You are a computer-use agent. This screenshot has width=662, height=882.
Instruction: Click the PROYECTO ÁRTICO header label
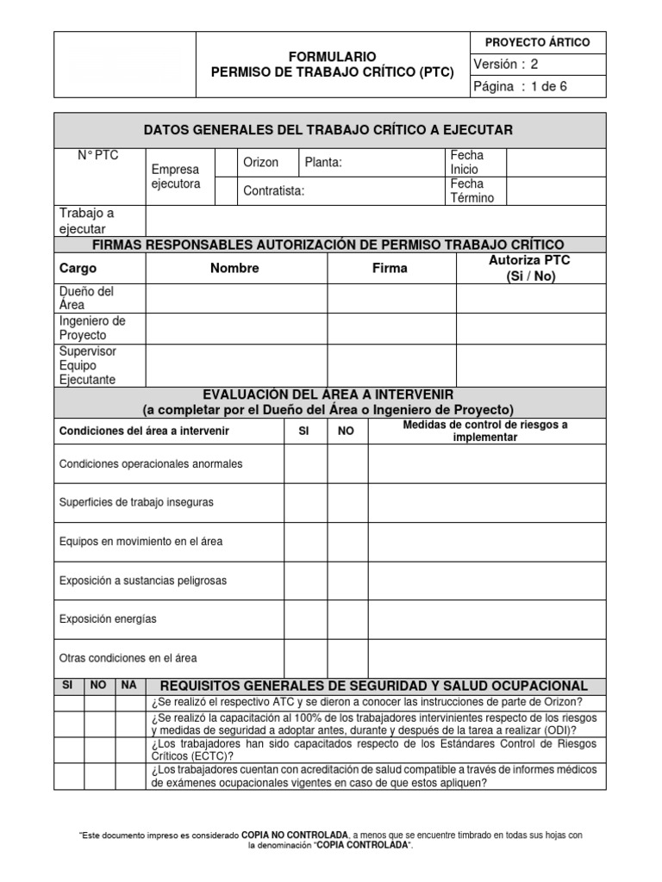pyautogui.click(x=538, y=42)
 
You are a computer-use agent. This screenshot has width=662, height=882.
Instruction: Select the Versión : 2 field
pyautogui.click(x=508, y=65)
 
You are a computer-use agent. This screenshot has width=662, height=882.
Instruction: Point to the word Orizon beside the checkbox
pyautogui.click(x=261, y=163)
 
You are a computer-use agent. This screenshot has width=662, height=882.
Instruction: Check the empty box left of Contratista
pyautogui.click(x=226, y=191)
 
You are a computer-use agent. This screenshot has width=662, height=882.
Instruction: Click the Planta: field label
pyautogui.click(x=323, y=163)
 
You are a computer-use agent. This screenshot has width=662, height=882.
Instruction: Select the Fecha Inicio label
pyautogui.click(x=467, y=163)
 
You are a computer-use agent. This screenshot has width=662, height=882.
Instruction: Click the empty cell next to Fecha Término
pyautogui.click(x=555, y=191)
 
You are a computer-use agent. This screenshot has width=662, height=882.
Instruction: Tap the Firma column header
pyautogui.click(x=390, y=269)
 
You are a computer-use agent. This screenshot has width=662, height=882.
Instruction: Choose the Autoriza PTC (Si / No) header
pyautogui.click(x=530, y=268)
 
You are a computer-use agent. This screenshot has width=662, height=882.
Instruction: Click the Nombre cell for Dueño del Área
pyautogui.click(x=236, y=298)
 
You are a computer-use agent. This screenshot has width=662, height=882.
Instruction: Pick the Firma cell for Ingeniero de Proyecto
pyautogui.click(x=391, y=328)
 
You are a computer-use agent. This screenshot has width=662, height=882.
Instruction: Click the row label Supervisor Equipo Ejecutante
pyautogui.click(x=88, y=365)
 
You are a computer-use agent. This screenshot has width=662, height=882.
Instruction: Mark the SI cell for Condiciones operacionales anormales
pyautogui.click(x=305, y=464)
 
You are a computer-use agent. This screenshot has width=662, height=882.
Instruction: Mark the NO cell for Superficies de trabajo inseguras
pyautogui.click(x=347, y=502)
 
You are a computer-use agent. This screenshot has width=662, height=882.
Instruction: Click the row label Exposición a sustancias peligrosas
pyautogui.click(x=143, y=581)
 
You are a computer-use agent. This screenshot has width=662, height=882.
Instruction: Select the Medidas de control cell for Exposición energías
pyautogui.click(x=487, y=619)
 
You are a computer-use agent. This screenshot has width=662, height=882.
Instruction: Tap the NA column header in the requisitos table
pyautogui.click(x=128, y=686)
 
